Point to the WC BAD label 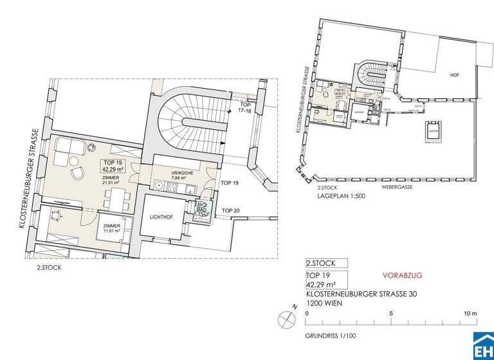pyautogui.click(x=203, y=209)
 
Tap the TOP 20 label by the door pyautogui.click(x=230, y=210)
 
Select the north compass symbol pyautogui.click(x=286, y=318)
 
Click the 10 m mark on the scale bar pyautogui.click(x=470, y=314)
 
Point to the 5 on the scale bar pyautogui.click(x=390, y=314)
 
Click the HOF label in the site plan pyautogui.click(x=455, y=75)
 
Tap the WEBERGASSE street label pyautogui.click(x=396, y=188)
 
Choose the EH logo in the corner pyautogui.click(x=482, y=348)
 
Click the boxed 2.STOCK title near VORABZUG pyautogui.click(x=325, y=263)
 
